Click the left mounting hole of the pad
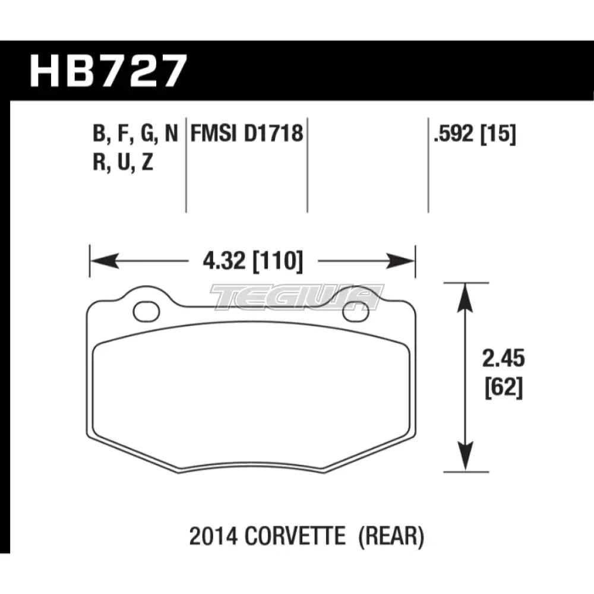(x=144, y=310)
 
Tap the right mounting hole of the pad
(x=355, y=311)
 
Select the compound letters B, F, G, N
(x=135, y=135)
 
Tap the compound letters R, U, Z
(x=123, y=162)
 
